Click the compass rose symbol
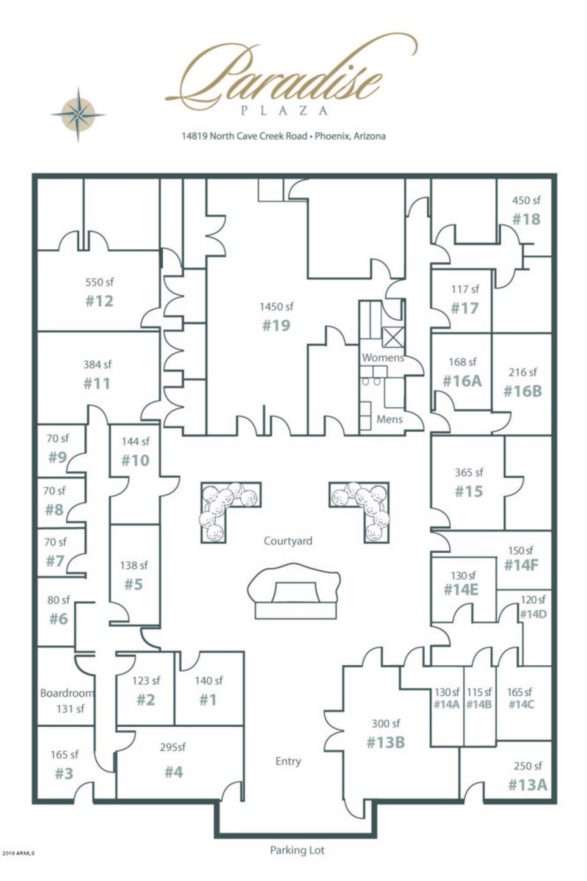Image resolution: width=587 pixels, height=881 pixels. tap(78, 113)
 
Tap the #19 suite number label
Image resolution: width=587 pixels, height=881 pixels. tap(276, 325)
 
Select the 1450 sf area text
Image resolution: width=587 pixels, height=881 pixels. tap(276, 306)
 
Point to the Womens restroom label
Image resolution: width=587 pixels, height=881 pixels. tap(382, 358)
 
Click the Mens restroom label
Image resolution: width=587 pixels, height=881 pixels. tap(389, 421)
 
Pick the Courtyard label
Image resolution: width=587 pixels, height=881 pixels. tap(288, 541)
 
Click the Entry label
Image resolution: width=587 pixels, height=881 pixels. tap(288, 761)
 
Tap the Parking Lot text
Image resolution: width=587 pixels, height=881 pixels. tap(297, 850)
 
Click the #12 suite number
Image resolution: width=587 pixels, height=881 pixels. tap(99, 301)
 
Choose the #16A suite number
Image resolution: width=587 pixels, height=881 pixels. tap(462, 380)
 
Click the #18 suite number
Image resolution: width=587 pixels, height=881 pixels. tap(526, 219)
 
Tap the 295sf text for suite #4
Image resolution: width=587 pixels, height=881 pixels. tap(174, 748)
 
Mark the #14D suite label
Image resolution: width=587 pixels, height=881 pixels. tap(533, 614)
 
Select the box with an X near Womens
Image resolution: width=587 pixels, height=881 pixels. tap(392, 337)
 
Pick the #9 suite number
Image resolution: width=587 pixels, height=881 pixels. tap(57, 457)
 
